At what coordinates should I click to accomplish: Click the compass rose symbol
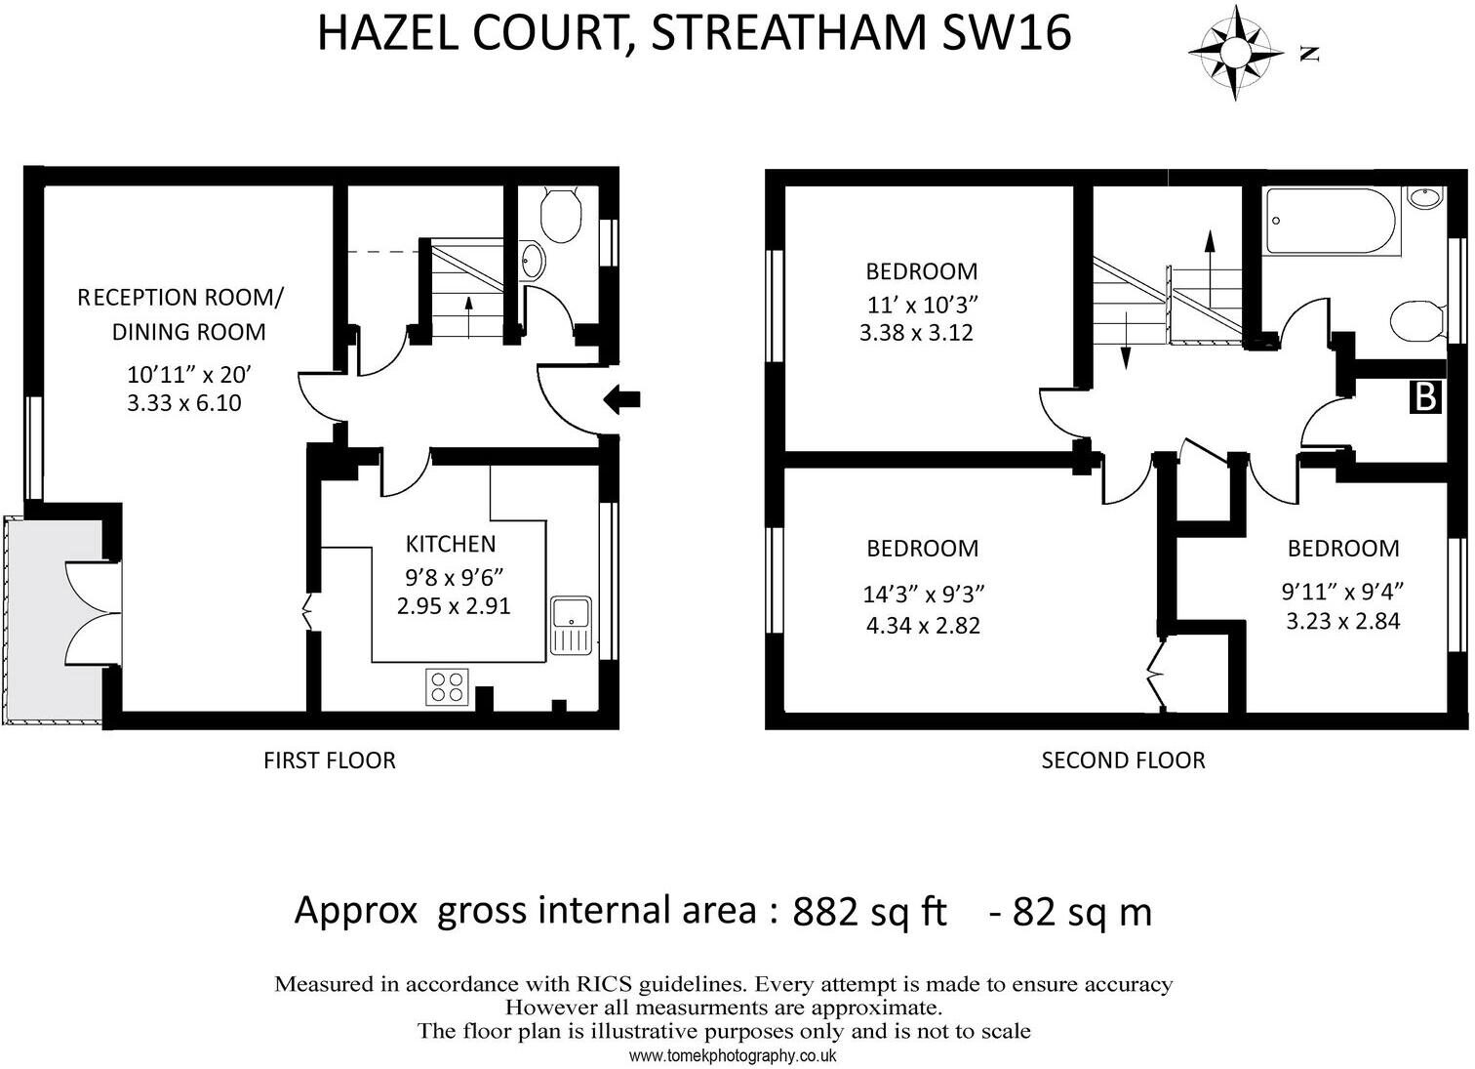1236,53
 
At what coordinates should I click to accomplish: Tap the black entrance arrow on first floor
621,398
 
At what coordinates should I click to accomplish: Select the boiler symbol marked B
1425,397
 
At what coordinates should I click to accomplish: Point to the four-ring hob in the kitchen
448,687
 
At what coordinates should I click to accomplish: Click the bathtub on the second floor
1332,221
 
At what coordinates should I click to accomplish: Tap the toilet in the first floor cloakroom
561,216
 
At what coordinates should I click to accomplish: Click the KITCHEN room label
451,544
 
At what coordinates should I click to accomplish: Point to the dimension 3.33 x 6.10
184,402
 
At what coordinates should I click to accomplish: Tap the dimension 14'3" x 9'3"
923,594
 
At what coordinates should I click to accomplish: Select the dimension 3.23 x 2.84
1343,621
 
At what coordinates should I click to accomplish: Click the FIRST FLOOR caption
330,761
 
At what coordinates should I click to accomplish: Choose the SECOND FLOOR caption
1123,761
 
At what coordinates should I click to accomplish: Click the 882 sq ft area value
869,912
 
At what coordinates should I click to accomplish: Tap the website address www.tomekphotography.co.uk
733,1055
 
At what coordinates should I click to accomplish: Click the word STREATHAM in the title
788,33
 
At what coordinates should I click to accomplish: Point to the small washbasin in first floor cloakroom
534,260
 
